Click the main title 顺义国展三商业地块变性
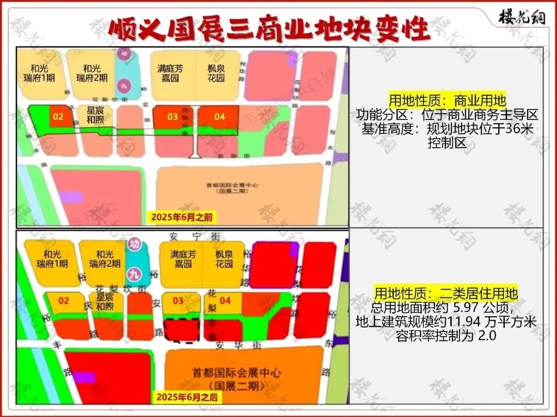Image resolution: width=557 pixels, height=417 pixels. click(269, 30)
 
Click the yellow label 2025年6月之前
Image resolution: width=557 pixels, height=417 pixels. click(181, 217)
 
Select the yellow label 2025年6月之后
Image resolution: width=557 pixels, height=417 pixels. click(187, 397)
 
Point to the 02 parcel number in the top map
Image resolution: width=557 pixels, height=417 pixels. click(58, 117)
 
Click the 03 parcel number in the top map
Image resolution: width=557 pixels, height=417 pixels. click(172, 117)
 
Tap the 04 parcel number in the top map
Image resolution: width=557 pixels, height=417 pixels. click(220, 117)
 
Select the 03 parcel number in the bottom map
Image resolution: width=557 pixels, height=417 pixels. click(177, 301)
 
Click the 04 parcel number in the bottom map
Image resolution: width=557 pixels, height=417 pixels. click(225, 301)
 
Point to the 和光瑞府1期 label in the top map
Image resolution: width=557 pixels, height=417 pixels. click(42, 73)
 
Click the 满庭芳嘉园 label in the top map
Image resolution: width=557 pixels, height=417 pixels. click(170, 73)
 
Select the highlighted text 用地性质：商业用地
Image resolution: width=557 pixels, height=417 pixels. click(447, 99)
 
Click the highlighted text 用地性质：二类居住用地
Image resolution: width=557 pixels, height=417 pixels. click(446, 294)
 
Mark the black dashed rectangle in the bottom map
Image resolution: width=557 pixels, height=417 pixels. click(182, 331)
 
